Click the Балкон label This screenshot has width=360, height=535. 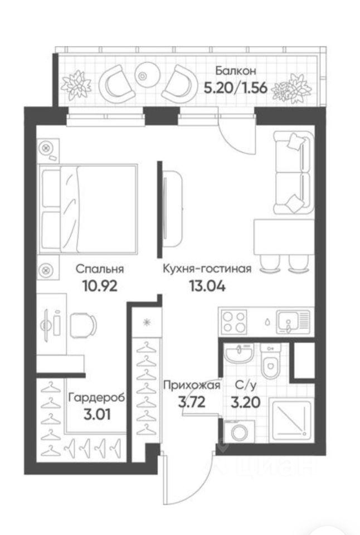236,71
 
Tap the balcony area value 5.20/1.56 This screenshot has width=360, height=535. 235,88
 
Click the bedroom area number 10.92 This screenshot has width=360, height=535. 100,285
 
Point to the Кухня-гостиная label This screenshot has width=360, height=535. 207,269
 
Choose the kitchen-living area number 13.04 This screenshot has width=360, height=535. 207,285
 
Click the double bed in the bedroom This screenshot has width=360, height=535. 89,209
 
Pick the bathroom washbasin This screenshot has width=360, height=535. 239,353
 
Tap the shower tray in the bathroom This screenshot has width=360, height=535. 290,420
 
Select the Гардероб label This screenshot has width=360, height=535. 96,398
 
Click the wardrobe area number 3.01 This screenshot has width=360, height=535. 96,415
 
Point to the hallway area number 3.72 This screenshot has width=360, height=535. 192,402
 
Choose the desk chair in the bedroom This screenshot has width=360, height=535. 83,325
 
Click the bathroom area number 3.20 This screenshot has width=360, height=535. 246,402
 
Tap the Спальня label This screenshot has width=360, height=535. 100,269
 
